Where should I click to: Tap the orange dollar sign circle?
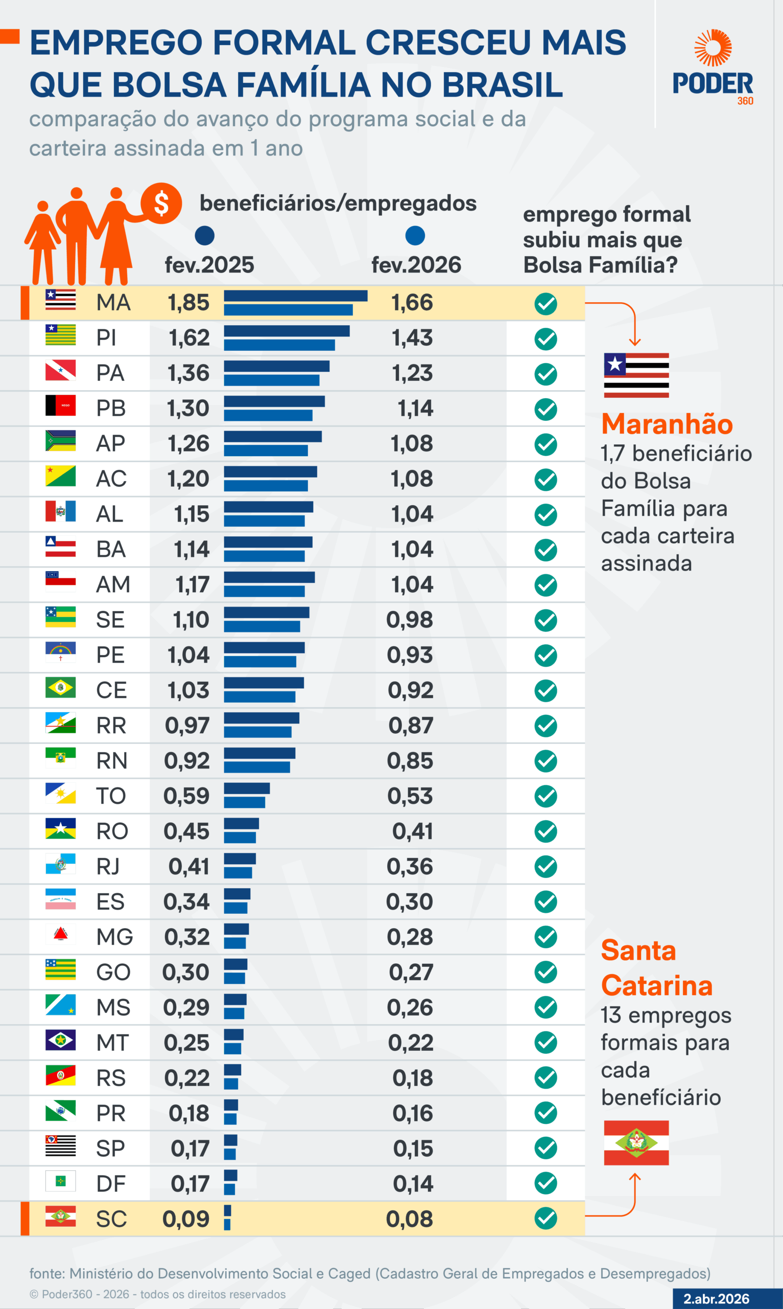[161, 204]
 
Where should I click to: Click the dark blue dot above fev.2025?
[205, 236]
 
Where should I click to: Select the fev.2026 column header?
[416, 264]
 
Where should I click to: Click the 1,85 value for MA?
[188, 303]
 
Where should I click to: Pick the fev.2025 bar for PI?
[287, 331]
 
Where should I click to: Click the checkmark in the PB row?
[545, 409]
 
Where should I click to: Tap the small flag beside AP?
[60, 441]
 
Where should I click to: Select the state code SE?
[110, 619]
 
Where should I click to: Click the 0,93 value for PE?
[410, 655]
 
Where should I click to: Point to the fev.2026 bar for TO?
[244, 803]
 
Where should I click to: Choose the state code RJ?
[108, 866]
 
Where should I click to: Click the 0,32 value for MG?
[187, 937]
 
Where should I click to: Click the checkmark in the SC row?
[545, 1218]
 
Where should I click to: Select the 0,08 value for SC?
[410, 1218]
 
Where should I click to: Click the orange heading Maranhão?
[667, 424]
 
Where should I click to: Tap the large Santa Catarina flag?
[636, 1143]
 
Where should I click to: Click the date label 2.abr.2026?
[716, 1298]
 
